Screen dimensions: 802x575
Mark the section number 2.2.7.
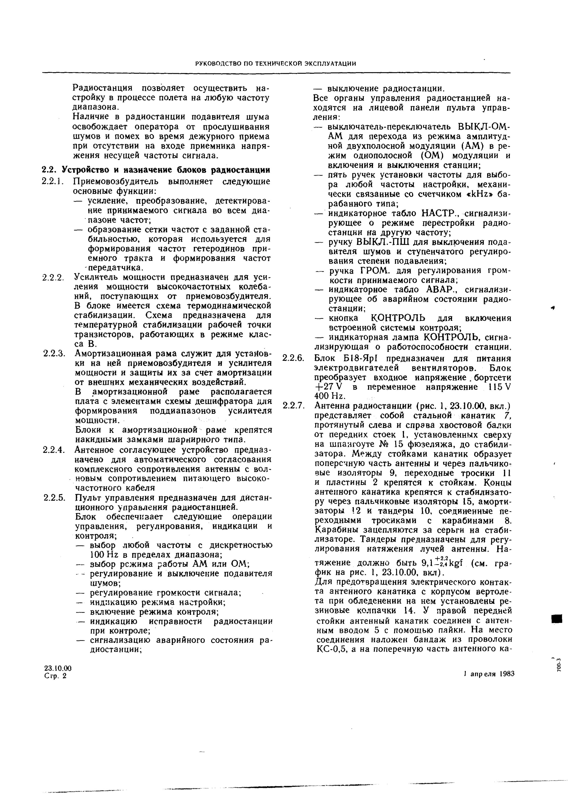(293, 406)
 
